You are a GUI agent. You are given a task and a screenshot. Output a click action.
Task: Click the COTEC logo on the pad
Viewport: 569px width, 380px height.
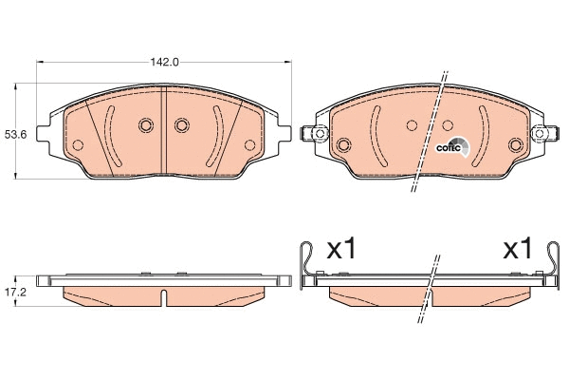(x=452, y=147)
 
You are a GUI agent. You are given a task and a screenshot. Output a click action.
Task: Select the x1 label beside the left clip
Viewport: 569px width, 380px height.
(x=341, y=249)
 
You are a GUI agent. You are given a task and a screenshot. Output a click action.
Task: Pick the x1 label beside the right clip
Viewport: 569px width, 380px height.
(x=517, y=249)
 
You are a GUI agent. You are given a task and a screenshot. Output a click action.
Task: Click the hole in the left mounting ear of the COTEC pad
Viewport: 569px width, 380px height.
(x=320, y=133)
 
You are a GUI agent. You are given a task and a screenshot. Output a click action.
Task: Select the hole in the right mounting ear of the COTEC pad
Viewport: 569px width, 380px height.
(x=540, y=133)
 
